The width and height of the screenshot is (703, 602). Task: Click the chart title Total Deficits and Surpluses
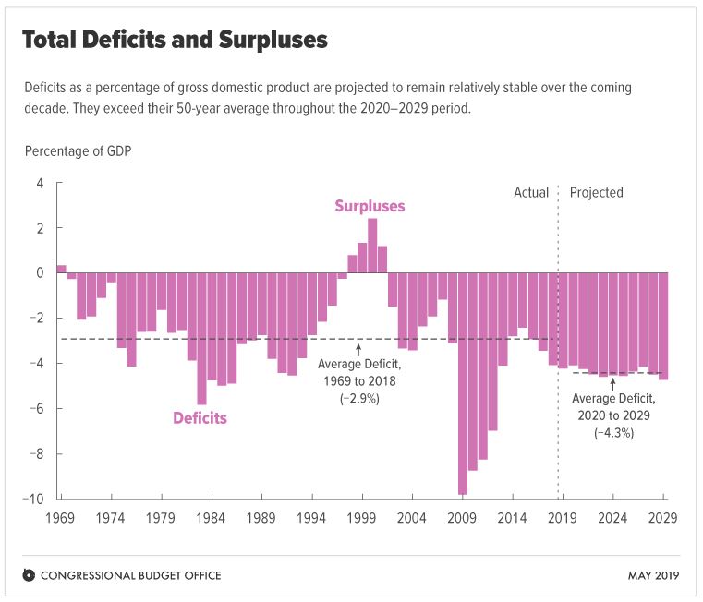(x=175, y=42)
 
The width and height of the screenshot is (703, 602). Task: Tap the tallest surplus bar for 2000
(x=372, y=246)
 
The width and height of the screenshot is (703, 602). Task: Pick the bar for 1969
(x=62, y=269)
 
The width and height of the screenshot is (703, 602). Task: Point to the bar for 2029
(x=663, y=326)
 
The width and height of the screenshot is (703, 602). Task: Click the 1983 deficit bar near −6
(x=202, y=338)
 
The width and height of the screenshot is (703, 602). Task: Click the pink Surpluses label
(x=370, y=206)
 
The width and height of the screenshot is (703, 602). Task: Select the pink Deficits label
(x=200, y=418)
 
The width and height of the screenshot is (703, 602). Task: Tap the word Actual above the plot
(x=531, y=193)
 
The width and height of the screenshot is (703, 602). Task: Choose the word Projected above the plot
(x=596, y=193)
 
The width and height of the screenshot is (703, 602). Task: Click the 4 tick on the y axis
(x=40, y=183)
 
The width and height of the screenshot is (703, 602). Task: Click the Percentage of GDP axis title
(x=79, y=150)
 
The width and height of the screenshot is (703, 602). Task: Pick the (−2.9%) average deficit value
(x=358, y=398)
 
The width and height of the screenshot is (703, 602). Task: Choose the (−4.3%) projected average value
(x=613, y=432)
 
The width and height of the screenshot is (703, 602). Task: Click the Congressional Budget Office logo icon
(x=29, y=575)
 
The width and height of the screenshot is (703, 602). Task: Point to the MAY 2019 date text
(x=651, y=575)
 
